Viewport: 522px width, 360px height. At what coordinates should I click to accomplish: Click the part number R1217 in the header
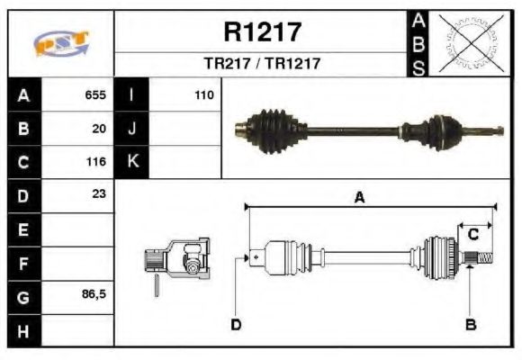click(x=262, y=32)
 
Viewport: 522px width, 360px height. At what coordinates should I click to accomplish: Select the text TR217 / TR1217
click(x=262, y=64)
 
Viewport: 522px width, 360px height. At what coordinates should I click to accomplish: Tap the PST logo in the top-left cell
click(x=61, y=43)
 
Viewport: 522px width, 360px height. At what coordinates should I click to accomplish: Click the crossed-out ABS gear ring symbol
click(x=471, y=43)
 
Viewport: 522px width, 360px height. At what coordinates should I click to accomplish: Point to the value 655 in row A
click(x=95, y=94)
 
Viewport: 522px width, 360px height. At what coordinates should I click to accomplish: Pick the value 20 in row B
click(x=99, y=129)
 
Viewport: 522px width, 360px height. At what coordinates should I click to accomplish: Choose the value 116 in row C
click(x=95, y=163)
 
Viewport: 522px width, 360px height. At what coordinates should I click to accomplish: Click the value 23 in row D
click(x=99, y=193)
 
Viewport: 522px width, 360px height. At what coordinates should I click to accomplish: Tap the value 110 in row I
click(x=203, y=94)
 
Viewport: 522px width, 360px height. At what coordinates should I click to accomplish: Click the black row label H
click(x=23, y=331)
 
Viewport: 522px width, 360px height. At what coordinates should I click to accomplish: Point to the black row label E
click(x=23, y=229)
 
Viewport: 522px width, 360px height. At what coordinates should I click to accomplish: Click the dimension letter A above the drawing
click(x=359, y=199)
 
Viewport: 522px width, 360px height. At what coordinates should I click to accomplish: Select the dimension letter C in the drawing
click(x=472, y=235)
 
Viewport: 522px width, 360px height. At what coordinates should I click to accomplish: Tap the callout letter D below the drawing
click(x=236, y=324)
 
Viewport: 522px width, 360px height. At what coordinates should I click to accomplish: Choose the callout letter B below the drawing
click(x=470, y=324)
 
